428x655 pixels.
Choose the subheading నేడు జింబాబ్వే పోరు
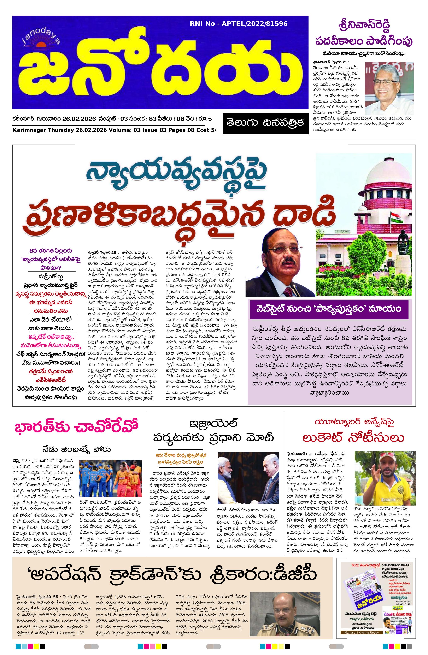[x=76, y=449]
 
